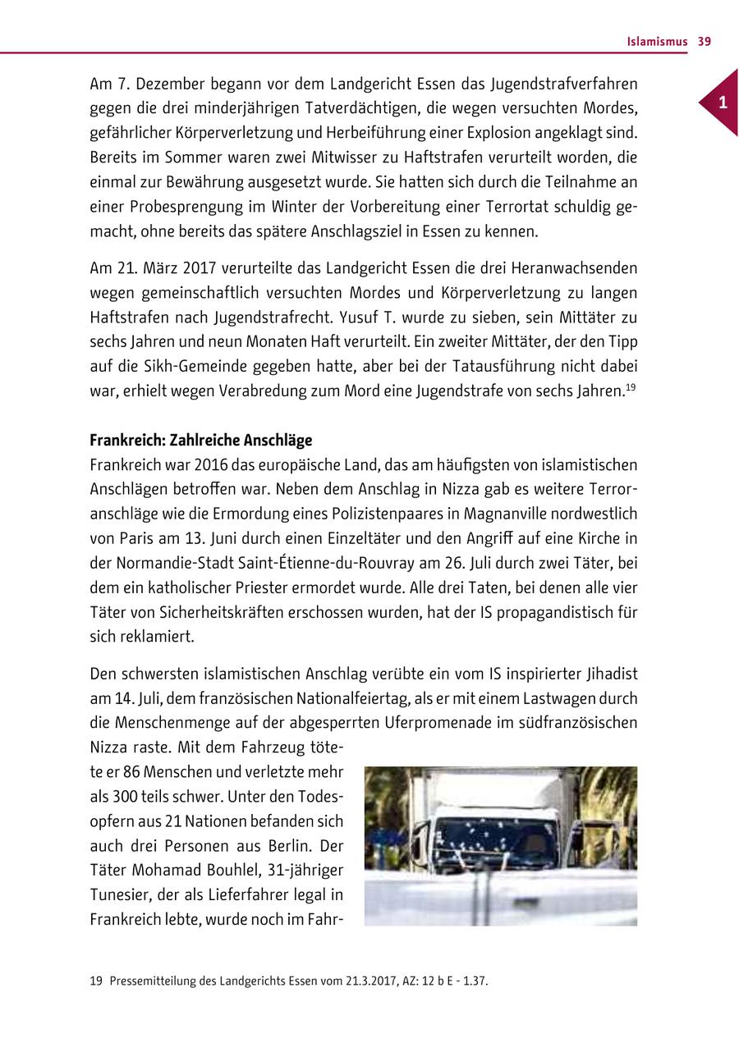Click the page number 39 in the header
(704, 42)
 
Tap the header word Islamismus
(657, 42)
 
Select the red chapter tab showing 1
(721, 103)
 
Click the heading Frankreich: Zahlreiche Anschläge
(200, 441)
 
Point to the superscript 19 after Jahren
(631, 387)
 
